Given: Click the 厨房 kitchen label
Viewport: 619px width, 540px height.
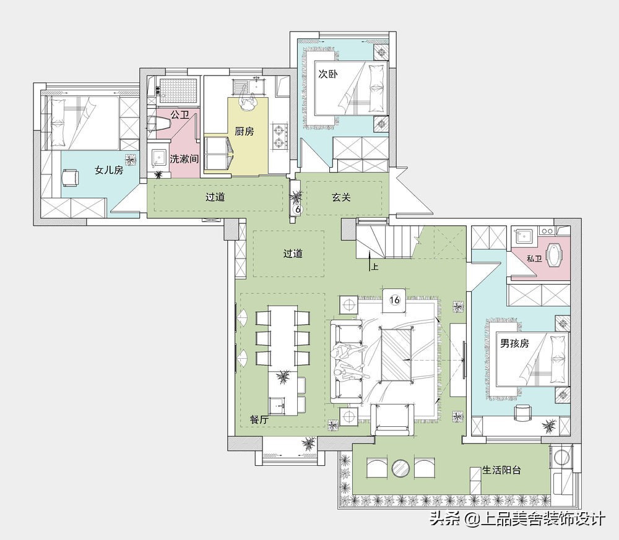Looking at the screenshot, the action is (x=245, y=131).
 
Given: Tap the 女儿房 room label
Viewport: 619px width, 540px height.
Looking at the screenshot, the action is (x=109, y=170).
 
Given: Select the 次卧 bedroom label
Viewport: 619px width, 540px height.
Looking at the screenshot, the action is (x=327, y=74).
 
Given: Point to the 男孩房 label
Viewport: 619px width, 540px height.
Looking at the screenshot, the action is (x=514, y=343).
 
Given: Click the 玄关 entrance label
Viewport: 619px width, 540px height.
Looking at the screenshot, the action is (x=341, y=197).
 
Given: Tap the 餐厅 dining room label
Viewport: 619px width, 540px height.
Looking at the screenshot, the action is (x=259, y=420).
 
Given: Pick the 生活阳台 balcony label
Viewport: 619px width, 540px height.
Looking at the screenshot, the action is (x=502, y=469).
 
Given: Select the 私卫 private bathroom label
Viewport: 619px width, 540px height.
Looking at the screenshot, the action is (x=534, y=259).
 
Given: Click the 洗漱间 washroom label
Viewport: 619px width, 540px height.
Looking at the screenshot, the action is (x=184, y=159).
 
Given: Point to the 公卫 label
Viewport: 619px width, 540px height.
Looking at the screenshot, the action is (x=180, y=115).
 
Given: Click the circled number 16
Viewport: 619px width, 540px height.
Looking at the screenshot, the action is (x=394, y=300).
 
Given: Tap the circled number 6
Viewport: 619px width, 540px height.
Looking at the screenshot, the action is (x=298, y=210).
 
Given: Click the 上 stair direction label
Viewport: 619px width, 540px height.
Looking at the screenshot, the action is (x=374, y=267).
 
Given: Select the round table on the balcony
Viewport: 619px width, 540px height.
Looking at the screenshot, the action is (x=401, y=468).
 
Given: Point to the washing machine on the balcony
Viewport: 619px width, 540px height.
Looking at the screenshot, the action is (x=561, y=456).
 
